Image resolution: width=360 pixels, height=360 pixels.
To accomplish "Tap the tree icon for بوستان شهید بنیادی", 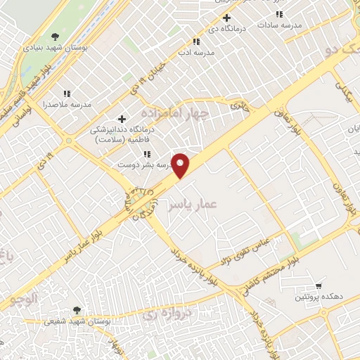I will [x=55, y=37].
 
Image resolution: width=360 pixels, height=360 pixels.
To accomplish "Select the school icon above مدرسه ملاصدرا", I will [x=67, y=94].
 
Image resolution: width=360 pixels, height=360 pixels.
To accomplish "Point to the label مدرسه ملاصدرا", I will [x=67, y=105].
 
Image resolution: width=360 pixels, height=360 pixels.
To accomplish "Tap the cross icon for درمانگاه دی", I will [x=226, y=18].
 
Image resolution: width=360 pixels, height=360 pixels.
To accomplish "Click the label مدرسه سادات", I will [x=279, y=25].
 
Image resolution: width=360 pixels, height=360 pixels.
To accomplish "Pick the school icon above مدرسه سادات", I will [x=279, y=13].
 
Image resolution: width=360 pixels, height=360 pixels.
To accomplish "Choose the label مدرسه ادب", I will [x=195, y=53].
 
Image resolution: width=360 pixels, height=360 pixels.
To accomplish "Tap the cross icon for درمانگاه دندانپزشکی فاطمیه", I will [x=122, y=119].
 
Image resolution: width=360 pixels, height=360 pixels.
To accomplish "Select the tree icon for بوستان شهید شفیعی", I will [x=76, y=309].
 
